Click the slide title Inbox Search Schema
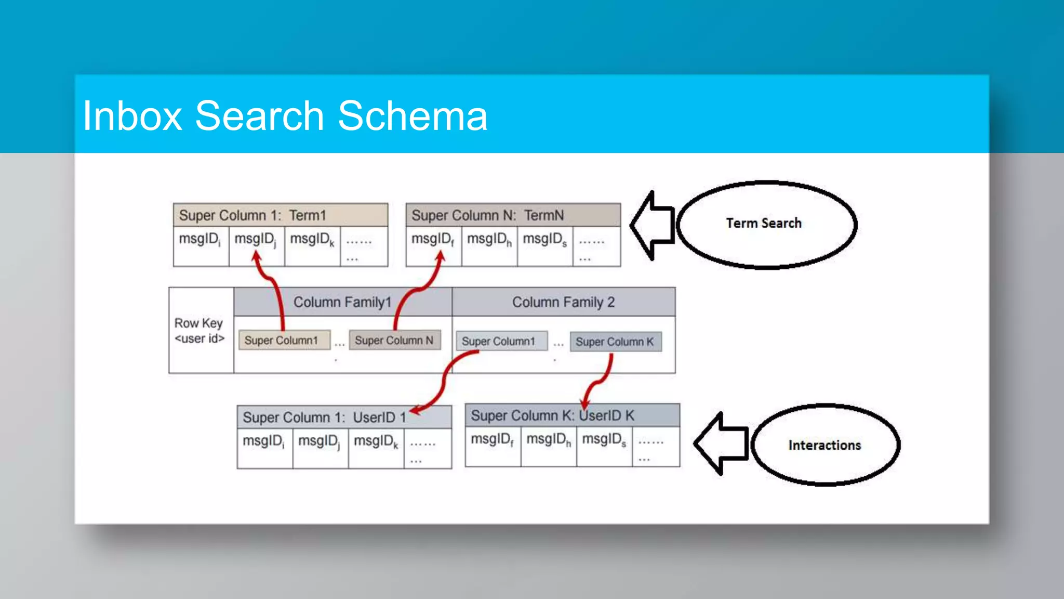point(285,115)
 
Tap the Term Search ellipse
point(766,224)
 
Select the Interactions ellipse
point(825,445)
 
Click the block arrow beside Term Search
point(652,225)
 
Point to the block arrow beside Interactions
point(721,444)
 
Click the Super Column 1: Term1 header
point(280,215)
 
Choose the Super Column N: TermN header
point(513,215)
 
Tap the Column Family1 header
point(342,302)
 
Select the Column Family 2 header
point(563,302)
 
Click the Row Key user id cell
point(200,331)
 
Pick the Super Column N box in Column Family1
point(394,340)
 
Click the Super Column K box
point(615,342)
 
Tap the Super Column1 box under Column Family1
point(284,340)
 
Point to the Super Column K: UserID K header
point(572,415)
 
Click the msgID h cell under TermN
point(489,246)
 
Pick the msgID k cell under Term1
point(312,246)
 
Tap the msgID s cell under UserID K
point(604,446)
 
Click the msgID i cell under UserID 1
point(264,448)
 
